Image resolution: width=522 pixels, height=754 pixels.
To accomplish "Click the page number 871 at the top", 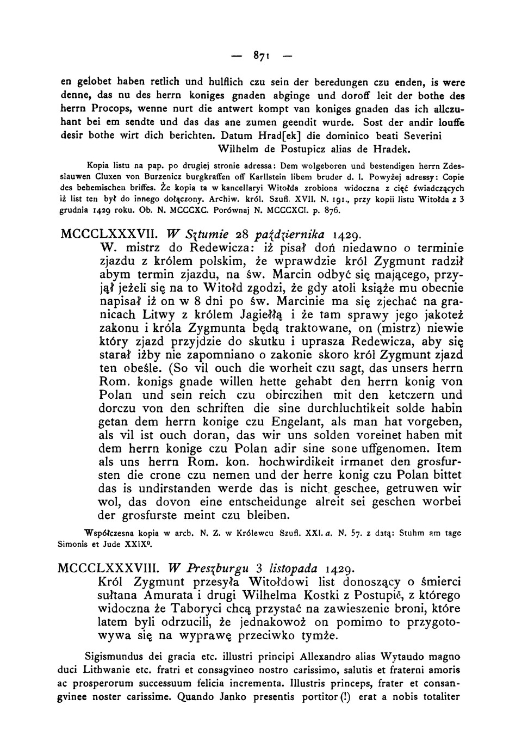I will [x=260, y=56].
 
